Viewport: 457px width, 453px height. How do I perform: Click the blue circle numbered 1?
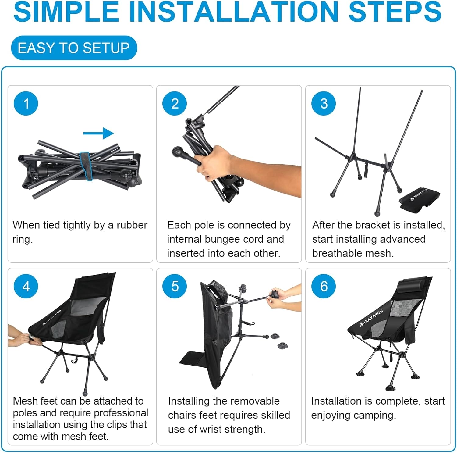coord(26,103)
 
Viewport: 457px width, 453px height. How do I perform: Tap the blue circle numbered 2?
coord(175,103)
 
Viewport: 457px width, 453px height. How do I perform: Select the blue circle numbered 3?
coord(324,103)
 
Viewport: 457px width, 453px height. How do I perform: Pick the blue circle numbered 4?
coord(26,286)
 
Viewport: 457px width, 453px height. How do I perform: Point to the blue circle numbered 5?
coord(175,286)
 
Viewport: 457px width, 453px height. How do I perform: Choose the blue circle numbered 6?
coord(324,286)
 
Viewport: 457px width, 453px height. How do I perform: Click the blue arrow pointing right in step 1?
coord(98,133)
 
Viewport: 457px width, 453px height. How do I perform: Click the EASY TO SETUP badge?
coord(74,48)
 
